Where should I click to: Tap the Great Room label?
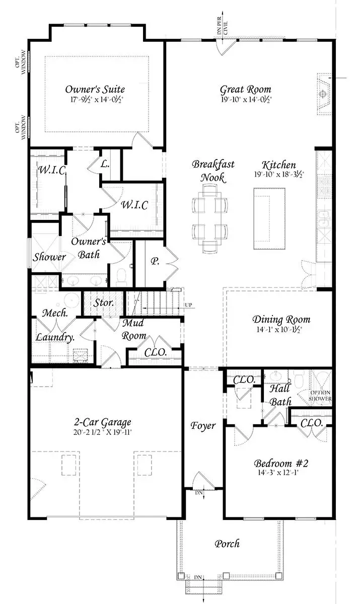(245, 90)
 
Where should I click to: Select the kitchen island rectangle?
(269, 217)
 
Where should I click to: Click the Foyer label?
(203, 426)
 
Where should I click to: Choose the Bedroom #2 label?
(278, 463)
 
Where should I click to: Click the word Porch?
(227, 544)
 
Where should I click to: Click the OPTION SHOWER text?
(320, 396)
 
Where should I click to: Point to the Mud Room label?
(134, 330)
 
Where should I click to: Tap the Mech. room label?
(51, 313)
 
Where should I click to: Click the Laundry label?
(55, 337)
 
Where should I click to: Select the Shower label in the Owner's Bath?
(50, 257)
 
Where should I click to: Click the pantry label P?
(155, 262)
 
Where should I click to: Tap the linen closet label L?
(105, 165)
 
